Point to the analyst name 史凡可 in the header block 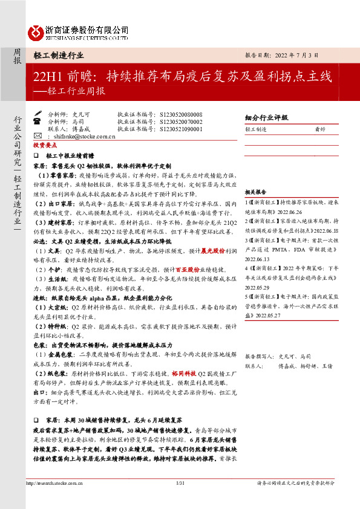(x=80, y=114)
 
